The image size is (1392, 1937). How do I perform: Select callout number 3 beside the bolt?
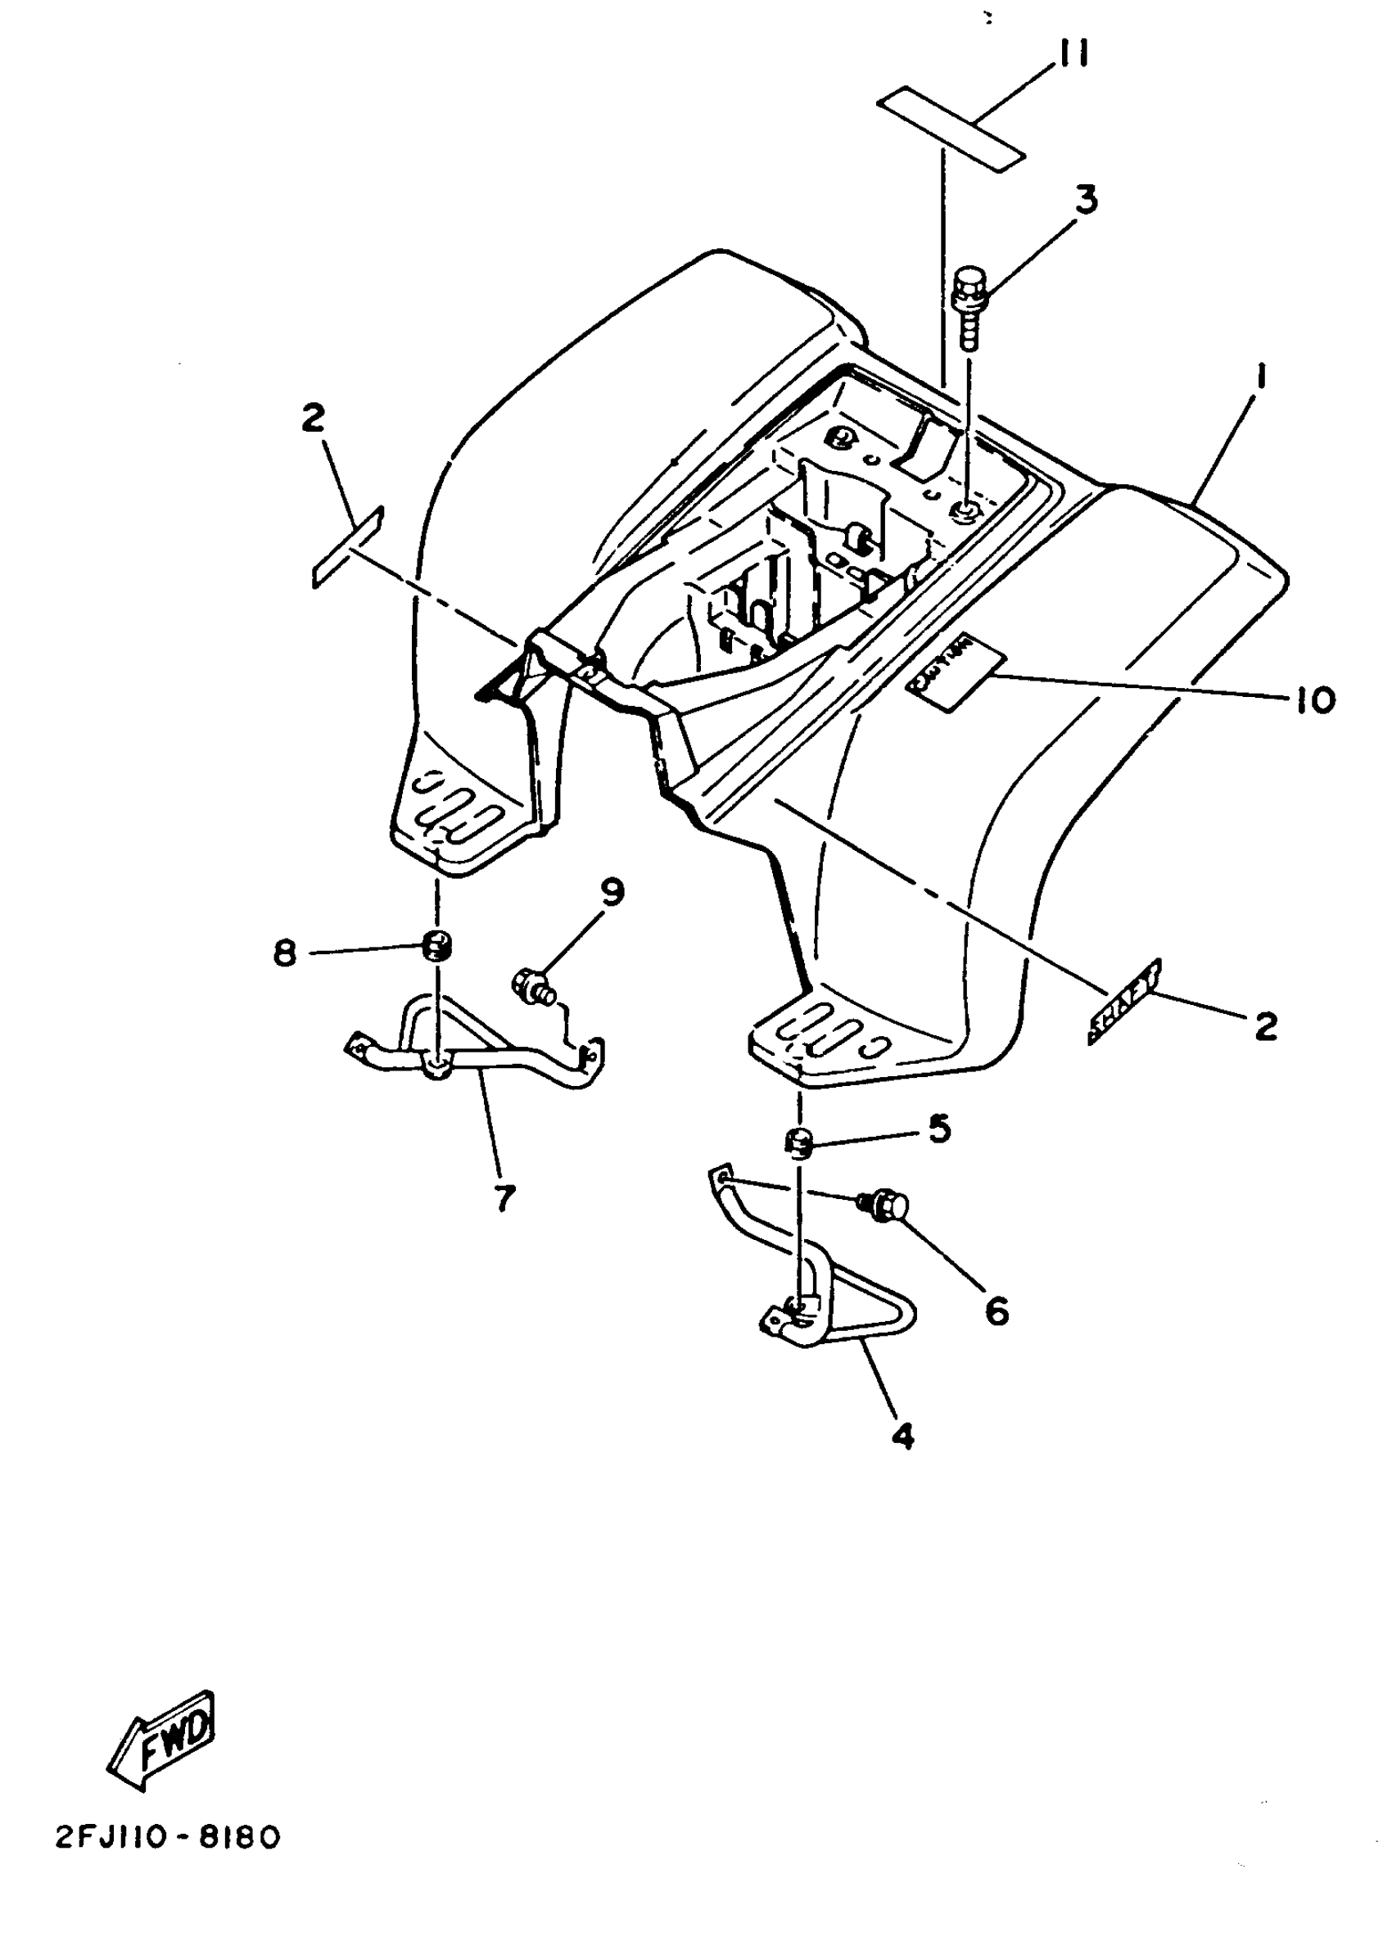point(1085,199)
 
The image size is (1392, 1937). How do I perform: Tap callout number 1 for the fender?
point(1261,378)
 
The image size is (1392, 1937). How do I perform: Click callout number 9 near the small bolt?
point(612,893)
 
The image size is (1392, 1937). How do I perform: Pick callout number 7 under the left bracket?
point(504,1198)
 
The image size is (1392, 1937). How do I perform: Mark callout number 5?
point(938,1129)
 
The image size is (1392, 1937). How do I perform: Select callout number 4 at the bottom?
point(902,1437)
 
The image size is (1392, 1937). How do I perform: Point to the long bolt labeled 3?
point(969,308)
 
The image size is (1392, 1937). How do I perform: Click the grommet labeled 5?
point(798,1142)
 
